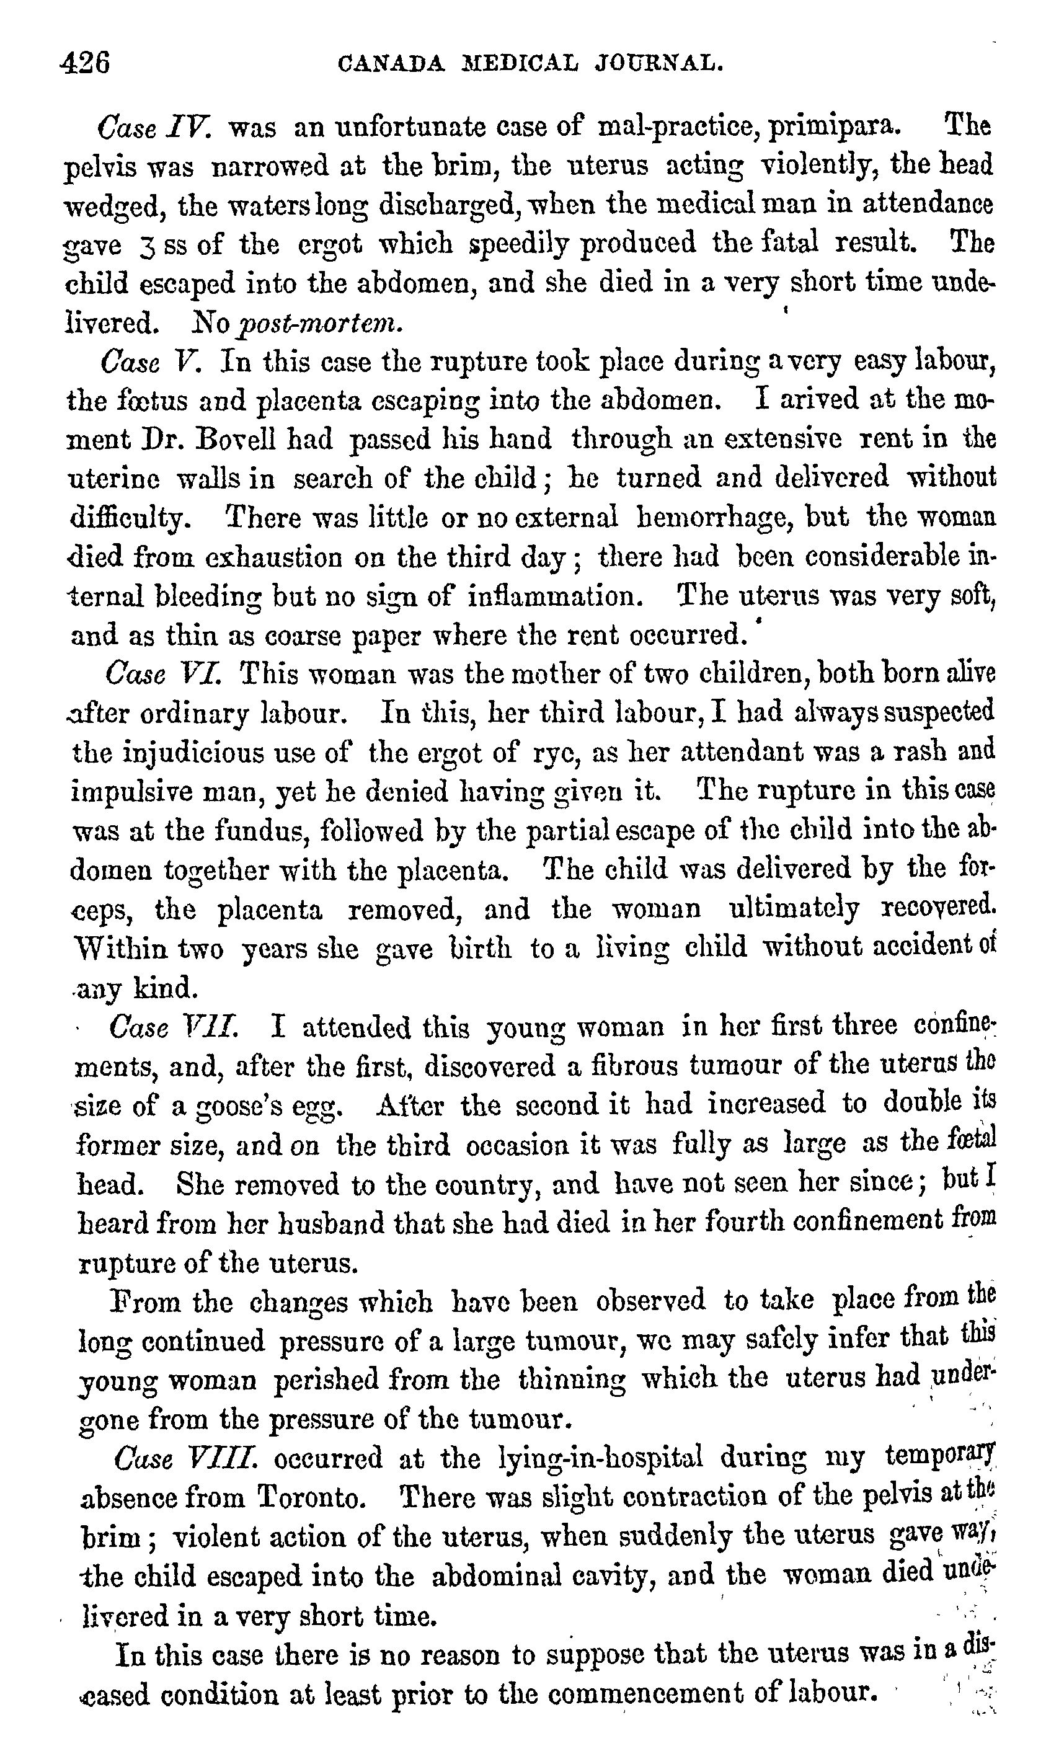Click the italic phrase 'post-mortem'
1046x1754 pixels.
(x=321, y=324)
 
